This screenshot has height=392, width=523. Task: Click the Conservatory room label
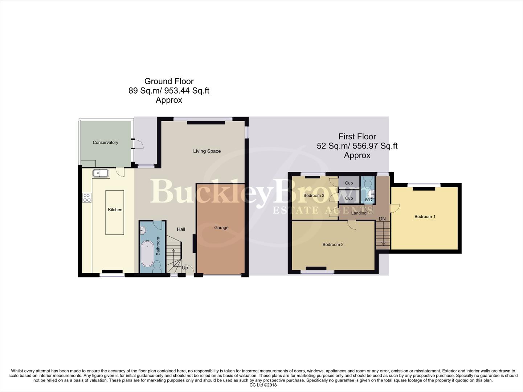point(105,142)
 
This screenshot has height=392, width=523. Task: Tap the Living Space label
point(207,151)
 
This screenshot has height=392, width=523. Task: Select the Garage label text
point(221,228)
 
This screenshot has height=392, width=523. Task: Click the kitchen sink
point(101,173)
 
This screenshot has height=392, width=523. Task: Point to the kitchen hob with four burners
point(87,198)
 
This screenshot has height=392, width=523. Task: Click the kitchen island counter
point(115,212)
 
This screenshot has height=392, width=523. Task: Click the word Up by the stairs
point(185,268)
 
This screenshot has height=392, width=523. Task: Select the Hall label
point(181,229)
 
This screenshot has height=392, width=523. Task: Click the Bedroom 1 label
point(425,216)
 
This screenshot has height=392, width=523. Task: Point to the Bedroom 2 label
point(333,244)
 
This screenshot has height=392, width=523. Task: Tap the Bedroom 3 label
point(314,195)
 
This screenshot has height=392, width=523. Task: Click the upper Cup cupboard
point(349,183)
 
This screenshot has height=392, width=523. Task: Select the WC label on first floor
point(368,200)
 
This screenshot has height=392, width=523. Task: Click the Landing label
point(359,213)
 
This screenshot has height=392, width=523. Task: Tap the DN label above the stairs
point(382,219)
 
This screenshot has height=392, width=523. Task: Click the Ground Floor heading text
point(169,81)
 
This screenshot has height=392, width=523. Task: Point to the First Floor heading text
point(357,136)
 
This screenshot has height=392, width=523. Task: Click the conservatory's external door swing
point(138,144)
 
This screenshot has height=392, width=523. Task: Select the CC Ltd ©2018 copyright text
point(263,385)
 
